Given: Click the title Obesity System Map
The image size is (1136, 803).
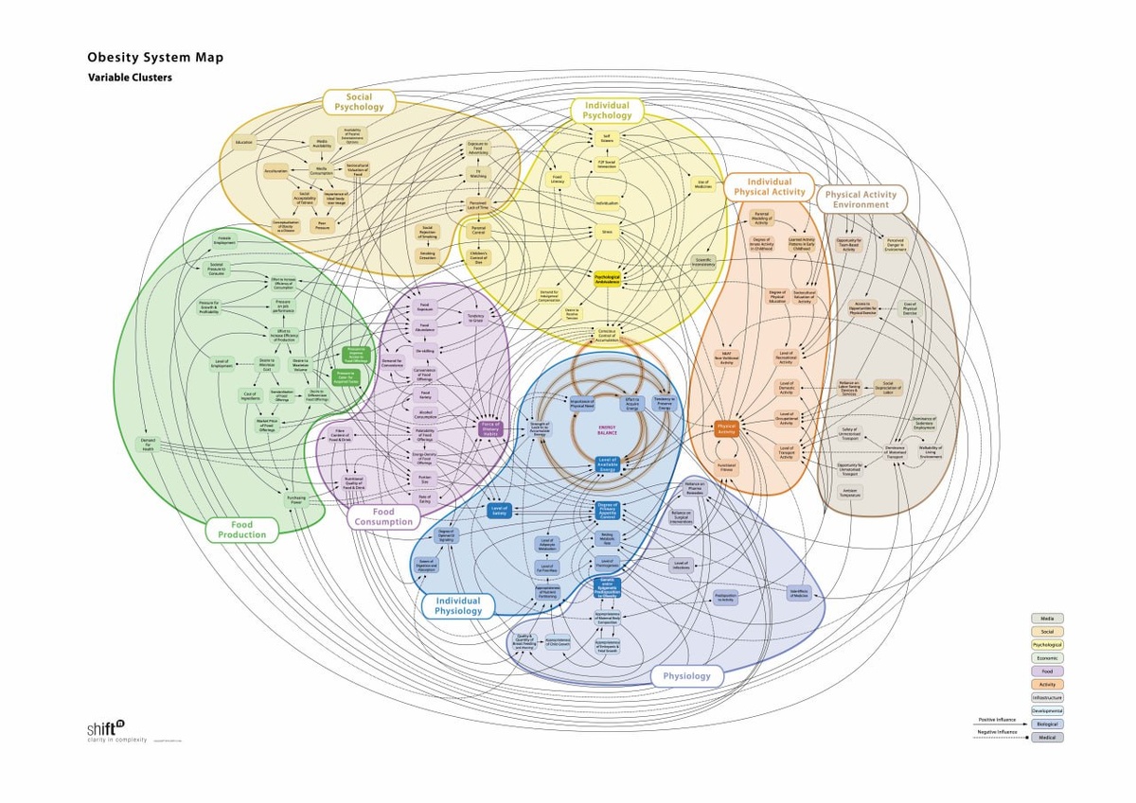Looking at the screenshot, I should coord(155,58).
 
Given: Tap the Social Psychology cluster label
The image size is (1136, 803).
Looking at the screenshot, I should coord(359,102).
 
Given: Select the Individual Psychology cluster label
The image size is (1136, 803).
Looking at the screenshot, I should coord(607,111).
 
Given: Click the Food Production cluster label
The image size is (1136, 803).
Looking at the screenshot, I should coord(242,530).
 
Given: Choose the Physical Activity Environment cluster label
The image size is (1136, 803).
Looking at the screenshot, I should coord(861,200).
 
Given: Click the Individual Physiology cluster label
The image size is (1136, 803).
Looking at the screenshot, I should coord(458,605).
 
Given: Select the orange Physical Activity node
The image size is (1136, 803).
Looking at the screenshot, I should coord(726,428).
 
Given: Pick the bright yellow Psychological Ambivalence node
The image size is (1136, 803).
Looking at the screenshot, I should coord(606,279).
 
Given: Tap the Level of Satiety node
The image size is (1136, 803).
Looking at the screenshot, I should coord(499,510).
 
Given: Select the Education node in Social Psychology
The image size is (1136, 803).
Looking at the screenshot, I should coord(244,143).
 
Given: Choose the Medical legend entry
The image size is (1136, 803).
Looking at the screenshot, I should coord(1046,737).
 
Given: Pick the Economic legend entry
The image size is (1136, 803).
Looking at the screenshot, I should coord(1046,657).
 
